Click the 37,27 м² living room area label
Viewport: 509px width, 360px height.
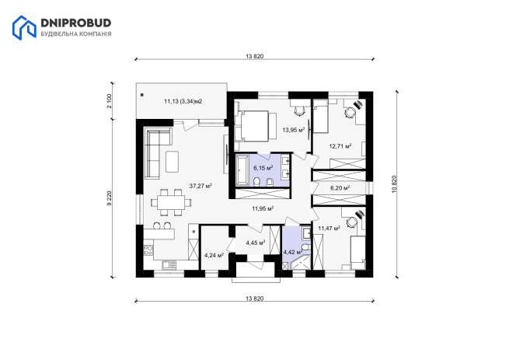(x=200, y=186)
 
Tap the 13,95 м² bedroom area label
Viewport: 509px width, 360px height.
(x=294, y=130)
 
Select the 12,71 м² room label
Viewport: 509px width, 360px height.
(x=340, y=146)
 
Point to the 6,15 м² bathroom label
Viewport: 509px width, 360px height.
(x=263, y=168)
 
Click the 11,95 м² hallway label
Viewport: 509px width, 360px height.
(x=263, y=208)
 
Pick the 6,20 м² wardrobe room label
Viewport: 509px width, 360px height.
(x=340, y=188)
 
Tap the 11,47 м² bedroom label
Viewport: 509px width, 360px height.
(x=329, y=229)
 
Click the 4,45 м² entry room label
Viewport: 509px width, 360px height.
(x=256, y=243)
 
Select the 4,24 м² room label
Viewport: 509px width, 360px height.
(x=214, y=255)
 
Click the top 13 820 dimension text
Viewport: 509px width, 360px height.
(x=255, y=56)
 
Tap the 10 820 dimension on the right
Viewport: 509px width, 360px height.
(x=395, y=184)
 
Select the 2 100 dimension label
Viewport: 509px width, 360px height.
(x=110, y=101)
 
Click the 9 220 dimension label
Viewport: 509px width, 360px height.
(x=110, y=198)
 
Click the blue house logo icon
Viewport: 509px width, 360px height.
(x=24, y=28)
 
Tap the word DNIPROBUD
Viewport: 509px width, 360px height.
(x=76, y=23)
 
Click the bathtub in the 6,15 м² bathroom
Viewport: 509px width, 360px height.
(x=242, y=170)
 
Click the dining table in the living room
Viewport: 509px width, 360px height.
(x=171, y=202)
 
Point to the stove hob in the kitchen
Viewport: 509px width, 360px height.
(x=148, y=250)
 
